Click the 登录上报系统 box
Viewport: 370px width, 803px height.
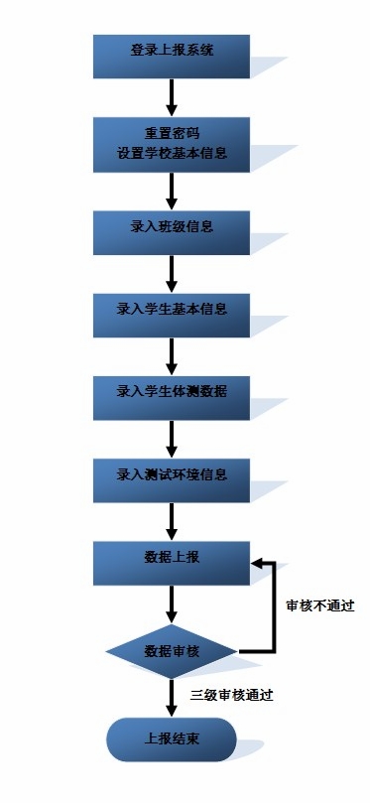coord(172,56)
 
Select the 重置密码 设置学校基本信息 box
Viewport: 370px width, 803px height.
coord(172,145)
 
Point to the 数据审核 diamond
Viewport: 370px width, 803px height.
coord(172,652)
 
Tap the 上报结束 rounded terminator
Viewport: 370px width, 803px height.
coord(172,739)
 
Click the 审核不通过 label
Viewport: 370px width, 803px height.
coord(319,605)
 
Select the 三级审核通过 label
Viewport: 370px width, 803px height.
coord(231,695)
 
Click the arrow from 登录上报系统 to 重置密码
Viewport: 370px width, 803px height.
coord(172,96)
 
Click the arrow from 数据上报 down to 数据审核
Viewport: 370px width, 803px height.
coord(172,603)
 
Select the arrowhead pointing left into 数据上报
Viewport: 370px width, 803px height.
coord(257,563)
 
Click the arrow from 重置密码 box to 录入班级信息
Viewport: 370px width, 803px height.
coord(172,190)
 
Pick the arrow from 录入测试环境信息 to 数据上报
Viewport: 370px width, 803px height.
coord(172,521)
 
